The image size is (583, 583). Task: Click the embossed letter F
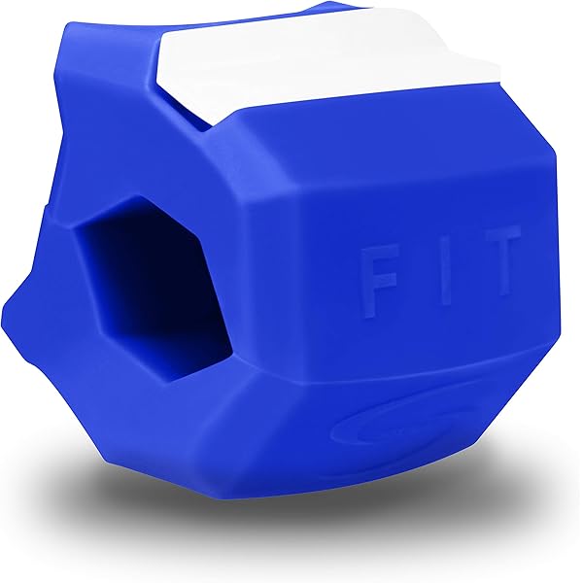[379, 282]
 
